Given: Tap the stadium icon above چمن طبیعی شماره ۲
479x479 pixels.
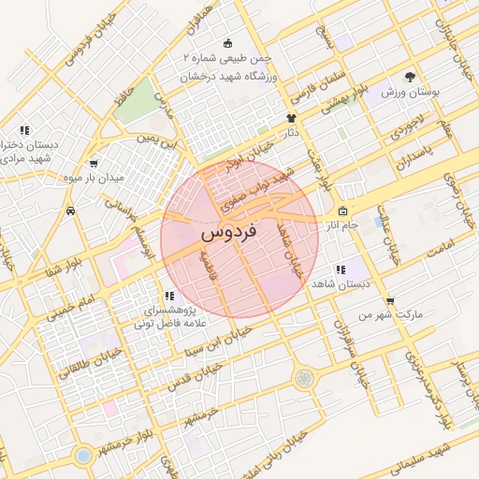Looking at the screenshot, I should [x=228, y=43].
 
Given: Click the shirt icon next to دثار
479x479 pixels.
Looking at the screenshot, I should [x=291, y=119].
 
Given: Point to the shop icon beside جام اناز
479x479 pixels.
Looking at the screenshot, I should [x=343, y=210].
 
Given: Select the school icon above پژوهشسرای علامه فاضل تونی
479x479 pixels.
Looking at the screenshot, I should [x=168, y=296].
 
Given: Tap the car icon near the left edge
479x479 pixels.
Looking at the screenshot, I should [x=71, y=211].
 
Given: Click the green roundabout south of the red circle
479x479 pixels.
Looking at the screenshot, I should [x=303, y=378].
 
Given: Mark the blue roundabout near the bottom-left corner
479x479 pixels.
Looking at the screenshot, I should [x=83, y=455].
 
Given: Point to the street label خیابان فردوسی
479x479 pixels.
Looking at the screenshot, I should [x=94, y=38].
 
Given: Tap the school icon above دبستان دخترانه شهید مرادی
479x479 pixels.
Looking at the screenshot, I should [x=24, y=130].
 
